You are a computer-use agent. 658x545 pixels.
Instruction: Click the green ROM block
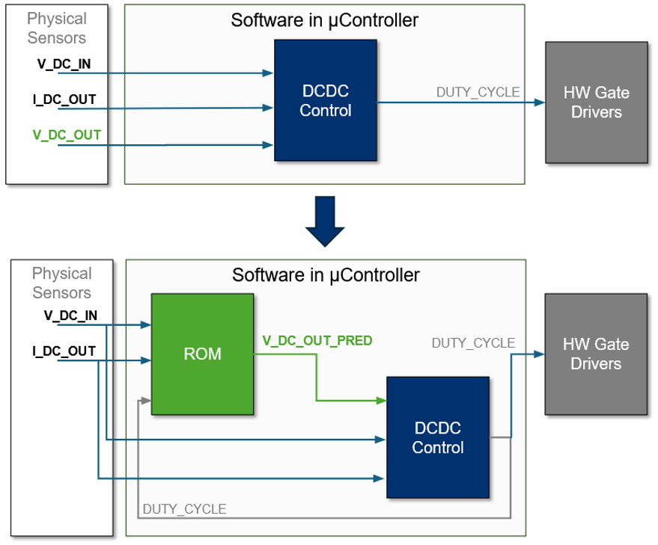202,354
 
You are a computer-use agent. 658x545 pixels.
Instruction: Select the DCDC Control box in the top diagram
325,100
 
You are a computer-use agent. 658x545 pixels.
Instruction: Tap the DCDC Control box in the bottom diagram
437,437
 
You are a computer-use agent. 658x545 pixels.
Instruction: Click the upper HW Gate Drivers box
596,102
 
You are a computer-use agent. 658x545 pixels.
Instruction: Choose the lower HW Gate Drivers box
596,354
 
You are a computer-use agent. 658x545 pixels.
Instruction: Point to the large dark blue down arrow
325,221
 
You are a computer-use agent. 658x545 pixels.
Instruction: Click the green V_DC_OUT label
67,135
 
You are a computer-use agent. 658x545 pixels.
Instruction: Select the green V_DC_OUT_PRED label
317,341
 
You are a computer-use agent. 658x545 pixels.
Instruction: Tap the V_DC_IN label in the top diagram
64,64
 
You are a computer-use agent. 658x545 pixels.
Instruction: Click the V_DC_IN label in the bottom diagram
70,315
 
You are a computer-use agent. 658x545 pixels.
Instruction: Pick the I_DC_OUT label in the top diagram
64,99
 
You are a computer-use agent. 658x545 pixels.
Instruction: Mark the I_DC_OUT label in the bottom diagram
64,351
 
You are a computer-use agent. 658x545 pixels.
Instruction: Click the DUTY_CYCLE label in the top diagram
478,92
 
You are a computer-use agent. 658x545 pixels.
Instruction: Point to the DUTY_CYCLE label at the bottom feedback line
184,509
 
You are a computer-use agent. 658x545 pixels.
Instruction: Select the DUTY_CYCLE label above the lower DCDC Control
473,343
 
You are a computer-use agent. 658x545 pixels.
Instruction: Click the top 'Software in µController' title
324,20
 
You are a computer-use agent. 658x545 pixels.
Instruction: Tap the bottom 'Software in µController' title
326,274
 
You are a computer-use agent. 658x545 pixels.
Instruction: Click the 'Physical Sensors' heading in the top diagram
57,28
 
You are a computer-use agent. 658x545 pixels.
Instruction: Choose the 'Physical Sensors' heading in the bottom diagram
61,283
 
